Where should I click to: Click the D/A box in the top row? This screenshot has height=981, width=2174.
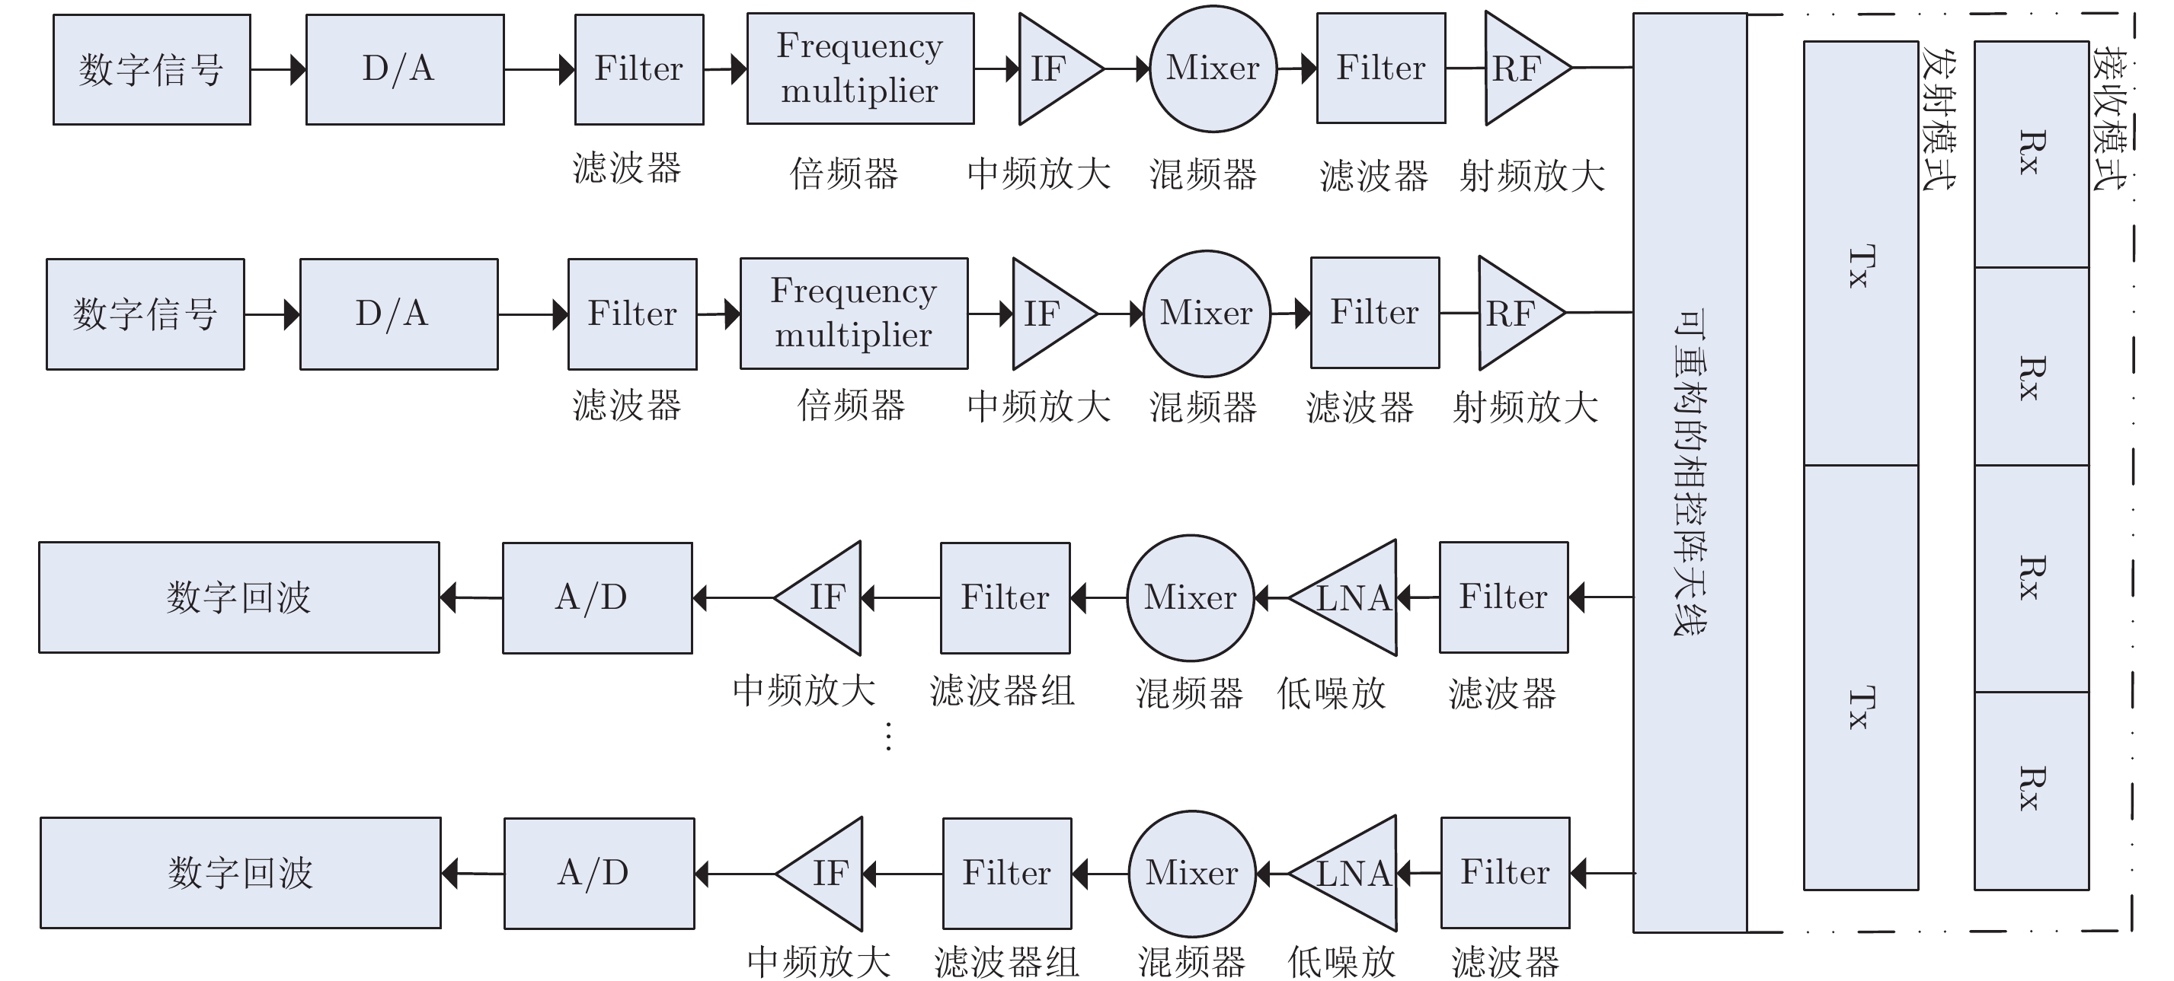pyautogui.click(x=404, y=69)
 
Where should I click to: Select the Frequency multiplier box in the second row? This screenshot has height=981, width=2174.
pyautogui.click(x=853, y=313)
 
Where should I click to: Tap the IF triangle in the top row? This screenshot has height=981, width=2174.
pyautogui.click(x=1051, y=68)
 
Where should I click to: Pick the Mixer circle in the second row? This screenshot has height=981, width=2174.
pyautogui.click(x=1206, y=313)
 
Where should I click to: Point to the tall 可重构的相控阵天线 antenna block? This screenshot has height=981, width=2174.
pyautogui.click(x=1690, y=473)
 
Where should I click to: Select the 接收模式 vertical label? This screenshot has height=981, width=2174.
pyautogui.click(x=2111, y=118)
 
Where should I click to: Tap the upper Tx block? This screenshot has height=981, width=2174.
pyautogui.click(x=1861, y=253)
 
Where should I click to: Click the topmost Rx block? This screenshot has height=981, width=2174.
pyautogui.click(x=2031, y=154)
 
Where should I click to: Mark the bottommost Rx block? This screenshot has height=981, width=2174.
pyautogui.click(x=2031, y=791)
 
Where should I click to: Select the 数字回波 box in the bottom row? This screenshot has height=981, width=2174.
pyautogui.click(x=241, y=872)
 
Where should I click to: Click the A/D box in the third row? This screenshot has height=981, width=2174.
pyautogui.click(x=596, y=597)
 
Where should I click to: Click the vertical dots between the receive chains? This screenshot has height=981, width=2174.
pyautogui.click(x=888, y=737)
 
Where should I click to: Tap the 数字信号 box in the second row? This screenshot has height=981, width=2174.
pyautogui.click(x=145, y=314)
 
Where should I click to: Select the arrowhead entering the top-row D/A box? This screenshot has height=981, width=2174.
pyautogui.click(x=298, y=69)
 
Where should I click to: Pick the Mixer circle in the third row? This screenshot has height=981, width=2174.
pyautogui.click(x=1190, y=597)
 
